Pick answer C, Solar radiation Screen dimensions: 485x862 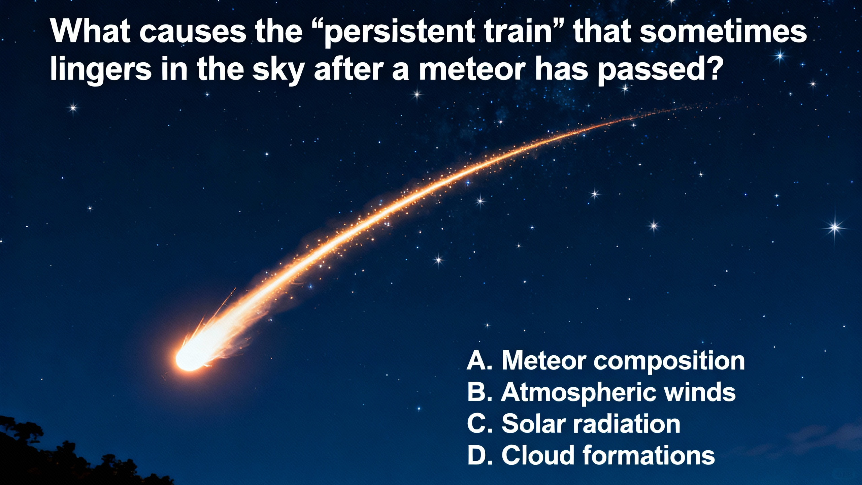573,424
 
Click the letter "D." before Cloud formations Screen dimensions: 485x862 479,455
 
